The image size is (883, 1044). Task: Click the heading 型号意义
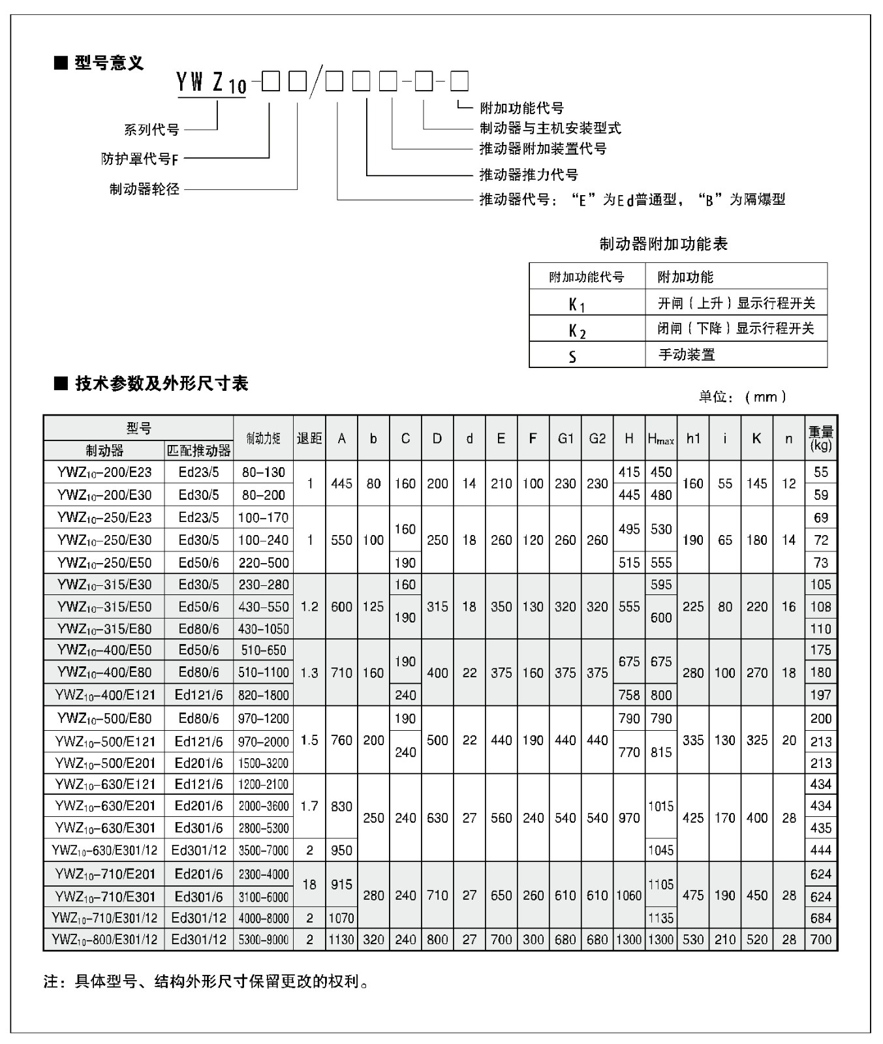click(108, 63)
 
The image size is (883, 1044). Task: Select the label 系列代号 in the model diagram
click(151, 130)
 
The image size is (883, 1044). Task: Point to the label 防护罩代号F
click(140, 159)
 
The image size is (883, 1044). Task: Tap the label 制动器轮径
click(144, 190)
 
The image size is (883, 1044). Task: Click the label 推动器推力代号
click(529, 175)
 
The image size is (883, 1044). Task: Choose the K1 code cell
click(577, 304)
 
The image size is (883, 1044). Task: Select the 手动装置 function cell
click(687, 355)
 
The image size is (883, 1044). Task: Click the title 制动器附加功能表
click(663, 244)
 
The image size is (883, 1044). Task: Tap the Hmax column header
click(660, 439)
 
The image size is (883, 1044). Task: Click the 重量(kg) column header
click(820, 438)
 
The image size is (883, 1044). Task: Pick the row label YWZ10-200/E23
click(104, 472)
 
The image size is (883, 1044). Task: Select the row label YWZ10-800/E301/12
click(104, 940)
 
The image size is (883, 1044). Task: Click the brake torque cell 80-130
click(263, 472)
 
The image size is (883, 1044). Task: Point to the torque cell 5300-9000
click(263, 940)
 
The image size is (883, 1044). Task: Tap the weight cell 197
click(820, 695)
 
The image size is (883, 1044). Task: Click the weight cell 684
click(820, 918)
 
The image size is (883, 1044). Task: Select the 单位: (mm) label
click(743, 397)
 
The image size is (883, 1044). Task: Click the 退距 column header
click(309, 438)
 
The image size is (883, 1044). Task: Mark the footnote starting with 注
click(206, 981)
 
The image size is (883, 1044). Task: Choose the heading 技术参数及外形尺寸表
click(161, 384)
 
